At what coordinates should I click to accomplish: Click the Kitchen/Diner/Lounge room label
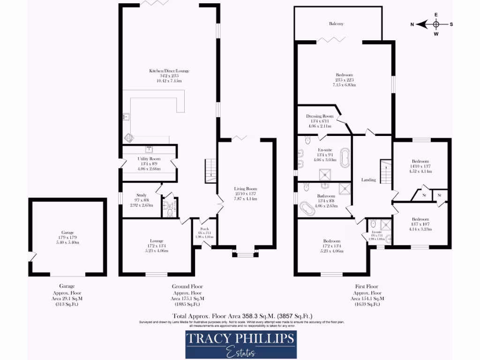click(x=169, y=71)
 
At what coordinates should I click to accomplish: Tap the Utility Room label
click(x=149, y=159)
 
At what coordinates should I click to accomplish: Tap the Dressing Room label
click(x=320, y=116)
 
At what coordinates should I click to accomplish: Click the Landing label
click(x=368, y=180)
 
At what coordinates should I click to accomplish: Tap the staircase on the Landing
click(x=385, y=172)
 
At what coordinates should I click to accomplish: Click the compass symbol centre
click(x=436, y=24)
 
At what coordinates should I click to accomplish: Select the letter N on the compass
click(x=412, y=24)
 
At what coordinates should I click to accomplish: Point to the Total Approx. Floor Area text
click(x=243, y=316)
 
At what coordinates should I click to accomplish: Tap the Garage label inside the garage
click(x=67, y=232)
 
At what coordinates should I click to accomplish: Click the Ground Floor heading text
click(x=187, y=286)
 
